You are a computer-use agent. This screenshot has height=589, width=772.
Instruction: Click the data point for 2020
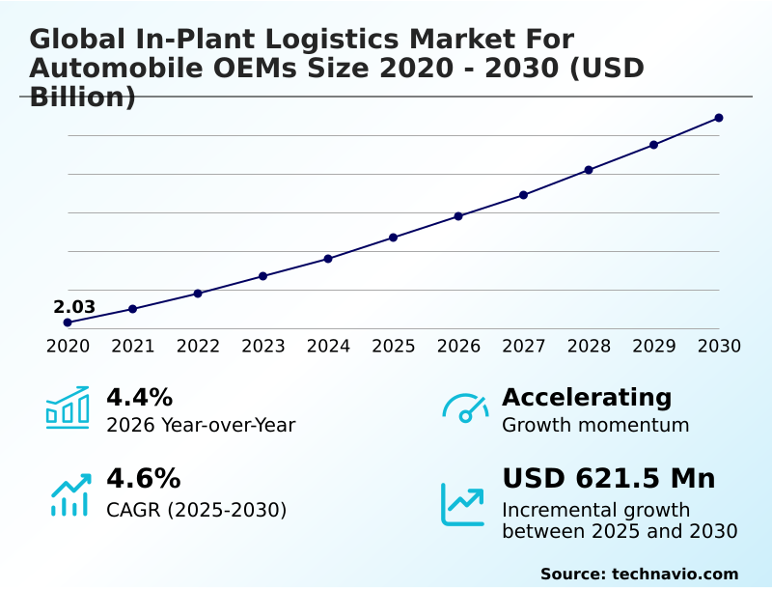(x=68, y=323)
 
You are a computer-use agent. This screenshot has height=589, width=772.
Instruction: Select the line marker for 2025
(x=394, y=238)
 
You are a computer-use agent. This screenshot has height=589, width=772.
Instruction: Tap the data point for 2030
(x=719, y=118)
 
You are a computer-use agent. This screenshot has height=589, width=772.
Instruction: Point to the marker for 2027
(x=524, y=195)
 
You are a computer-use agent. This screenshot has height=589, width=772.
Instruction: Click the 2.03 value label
(x=74, y=307)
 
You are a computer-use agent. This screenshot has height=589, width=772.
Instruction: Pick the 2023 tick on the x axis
(x=263, y=346)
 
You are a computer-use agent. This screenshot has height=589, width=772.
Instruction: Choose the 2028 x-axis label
(x=589, y=346)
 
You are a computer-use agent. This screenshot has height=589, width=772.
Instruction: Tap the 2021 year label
(x=133, y=346)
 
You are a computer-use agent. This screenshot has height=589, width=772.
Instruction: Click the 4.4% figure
(x=139, y=397)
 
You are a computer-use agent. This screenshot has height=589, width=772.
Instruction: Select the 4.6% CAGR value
(x=143, y=479)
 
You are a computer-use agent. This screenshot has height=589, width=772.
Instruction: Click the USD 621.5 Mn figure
(x=608, y=479)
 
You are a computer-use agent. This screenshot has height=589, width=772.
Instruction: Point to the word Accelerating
(x=587, y=397)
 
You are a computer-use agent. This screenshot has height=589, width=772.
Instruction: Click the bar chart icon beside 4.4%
(x=68, y=407)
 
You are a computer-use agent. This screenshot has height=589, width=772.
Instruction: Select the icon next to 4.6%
(x=69, y=494)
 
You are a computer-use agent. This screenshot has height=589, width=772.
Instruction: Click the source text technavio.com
(x=675, y=574)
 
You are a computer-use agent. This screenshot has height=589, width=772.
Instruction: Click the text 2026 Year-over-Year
(x=201, y=425)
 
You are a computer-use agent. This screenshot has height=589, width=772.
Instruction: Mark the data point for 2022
(x=198, y=294)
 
